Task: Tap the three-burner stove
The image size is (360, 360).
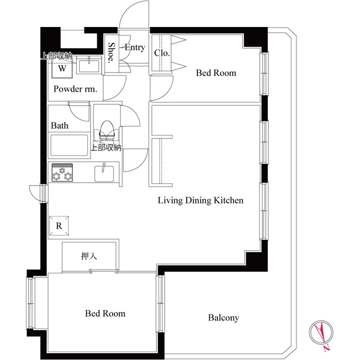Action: tap(62, 173)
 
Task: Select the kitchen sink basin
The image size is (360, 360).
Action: tap(104, 173)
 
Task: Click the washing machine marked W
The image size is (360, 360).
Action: tap(62, 68)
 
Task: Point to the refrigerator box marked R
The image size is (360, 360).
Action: tap(59, 226)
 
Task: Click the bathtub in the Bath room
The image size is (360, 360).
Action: tap(69, 145)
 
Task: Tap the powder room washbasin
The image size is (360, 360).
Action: tap(88, 66)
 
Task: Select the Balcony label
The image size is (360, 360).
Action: tap(223, 318)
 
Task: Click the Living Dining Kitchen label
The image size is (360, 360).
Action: tap(200, 200)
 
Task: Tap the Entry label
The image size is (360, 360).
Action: tap(135, 47)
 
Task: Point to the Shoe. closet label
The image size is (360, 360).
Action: tap(111, 52)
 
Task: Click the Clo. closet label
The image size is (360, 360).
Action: tap(162, 53)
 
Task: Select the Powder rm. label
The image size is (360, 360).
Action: tap(75, 89)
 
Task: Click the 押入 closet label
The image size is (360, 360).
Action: tap(89, 256)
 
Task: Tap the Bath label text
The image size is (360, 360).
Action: tap(60, 125)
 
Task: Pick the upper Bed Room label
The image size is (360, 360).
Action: tap(216, 73)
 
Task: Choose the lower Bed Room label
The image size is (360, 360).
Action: tap(105, 313)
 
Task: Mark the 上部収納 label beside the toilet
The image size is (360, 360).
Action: tap(106, 148)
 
